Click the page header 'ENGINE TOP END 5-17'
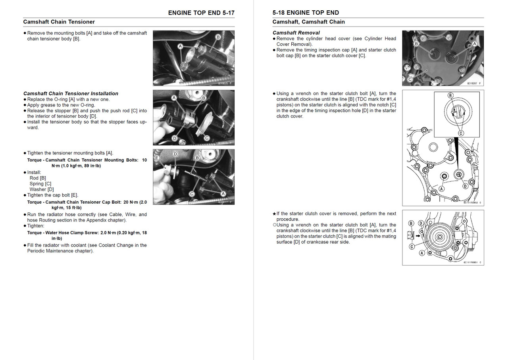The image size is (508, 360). tap(201, 13)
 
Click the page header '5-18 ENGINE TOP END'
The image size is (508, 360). tap(306, 13)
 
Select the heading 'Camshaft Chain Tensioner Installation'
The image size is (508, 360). tap(71, 94)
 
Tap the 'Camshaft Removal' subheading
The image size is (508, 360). tap(296, 33)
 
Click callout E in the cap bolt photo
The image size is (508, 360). tap(157, 158)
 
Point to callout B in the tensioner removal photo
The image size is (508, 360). tap(218, 37)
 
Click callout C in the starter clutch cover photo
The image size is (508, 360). tap(410, 79)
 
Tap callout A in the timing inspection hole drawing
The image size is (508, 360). tap(441, 189)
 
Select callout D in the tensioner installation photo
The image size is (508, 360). tap(174, 138)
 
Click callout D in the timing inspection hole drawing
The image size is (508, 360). tap(465, 186)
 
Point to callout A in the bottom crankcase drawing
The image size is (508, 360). tap(422, 252)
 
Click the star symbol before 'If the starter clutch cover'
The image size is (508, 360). tap(274, 214)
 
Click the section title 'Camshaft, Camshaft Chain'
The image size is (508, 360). tap(308, 22)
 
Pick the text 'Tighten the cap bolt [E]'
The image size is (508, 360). tap(52, 195)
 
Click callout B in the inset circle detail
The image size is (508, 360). tap(450, 95)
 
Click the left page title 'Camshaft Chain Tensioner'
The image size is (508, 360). tap(59, 22)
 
